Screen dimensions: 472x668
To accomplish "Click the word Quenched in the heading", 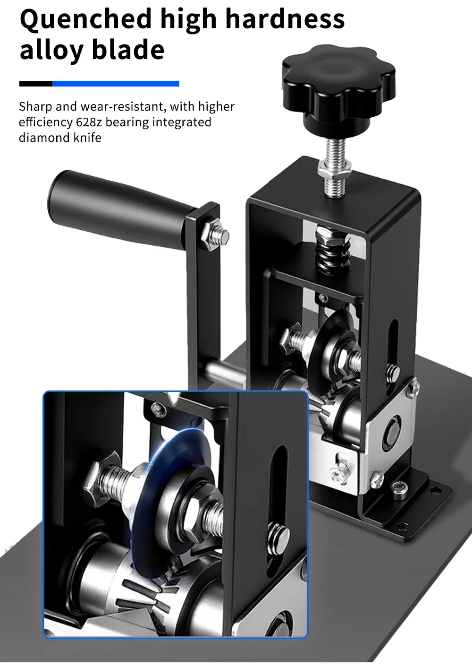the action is [x=86, y=20].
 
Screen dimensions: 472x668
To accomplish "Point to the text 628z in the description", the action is [x=89, y=122].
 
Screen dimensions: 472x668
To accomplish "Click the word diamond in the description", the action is [x=44, y=138].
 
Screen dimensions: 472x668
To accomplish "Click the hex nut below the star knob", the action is [x=335, y=171].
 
